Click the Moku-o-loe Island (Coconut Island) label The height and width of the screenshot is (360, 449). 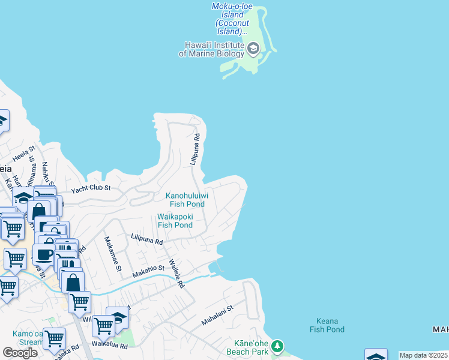[232, 19]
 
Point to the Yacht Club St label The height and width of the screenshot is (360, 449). [91, 188]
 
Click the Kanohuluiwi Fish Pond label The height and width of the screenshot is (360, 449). [187, 200]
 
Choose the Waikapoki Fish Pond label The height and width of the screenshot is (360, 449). [175, 221]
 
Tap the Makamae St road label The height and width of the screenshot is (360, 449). [113, 253]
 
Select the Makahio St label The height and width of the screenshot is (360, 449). [148, 271]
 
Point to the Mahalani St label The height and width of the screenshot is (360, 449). [217, 315]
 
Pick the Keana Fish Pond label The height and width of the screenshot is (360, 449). [327, 325]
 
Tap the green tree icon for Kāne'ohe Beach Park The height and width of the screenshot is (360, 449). [277, 346]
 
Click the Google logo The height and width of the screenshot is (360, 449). [20, 353]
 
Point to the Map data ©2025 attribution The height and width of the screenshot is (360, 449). [424, 355]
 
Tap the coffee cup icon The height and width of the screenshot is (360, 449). [44, 254]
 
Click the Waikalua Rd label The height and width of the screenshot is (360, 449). [109, 346]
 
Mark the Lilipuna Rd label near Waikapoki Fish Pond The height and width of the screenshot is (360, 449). [146, 240]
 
